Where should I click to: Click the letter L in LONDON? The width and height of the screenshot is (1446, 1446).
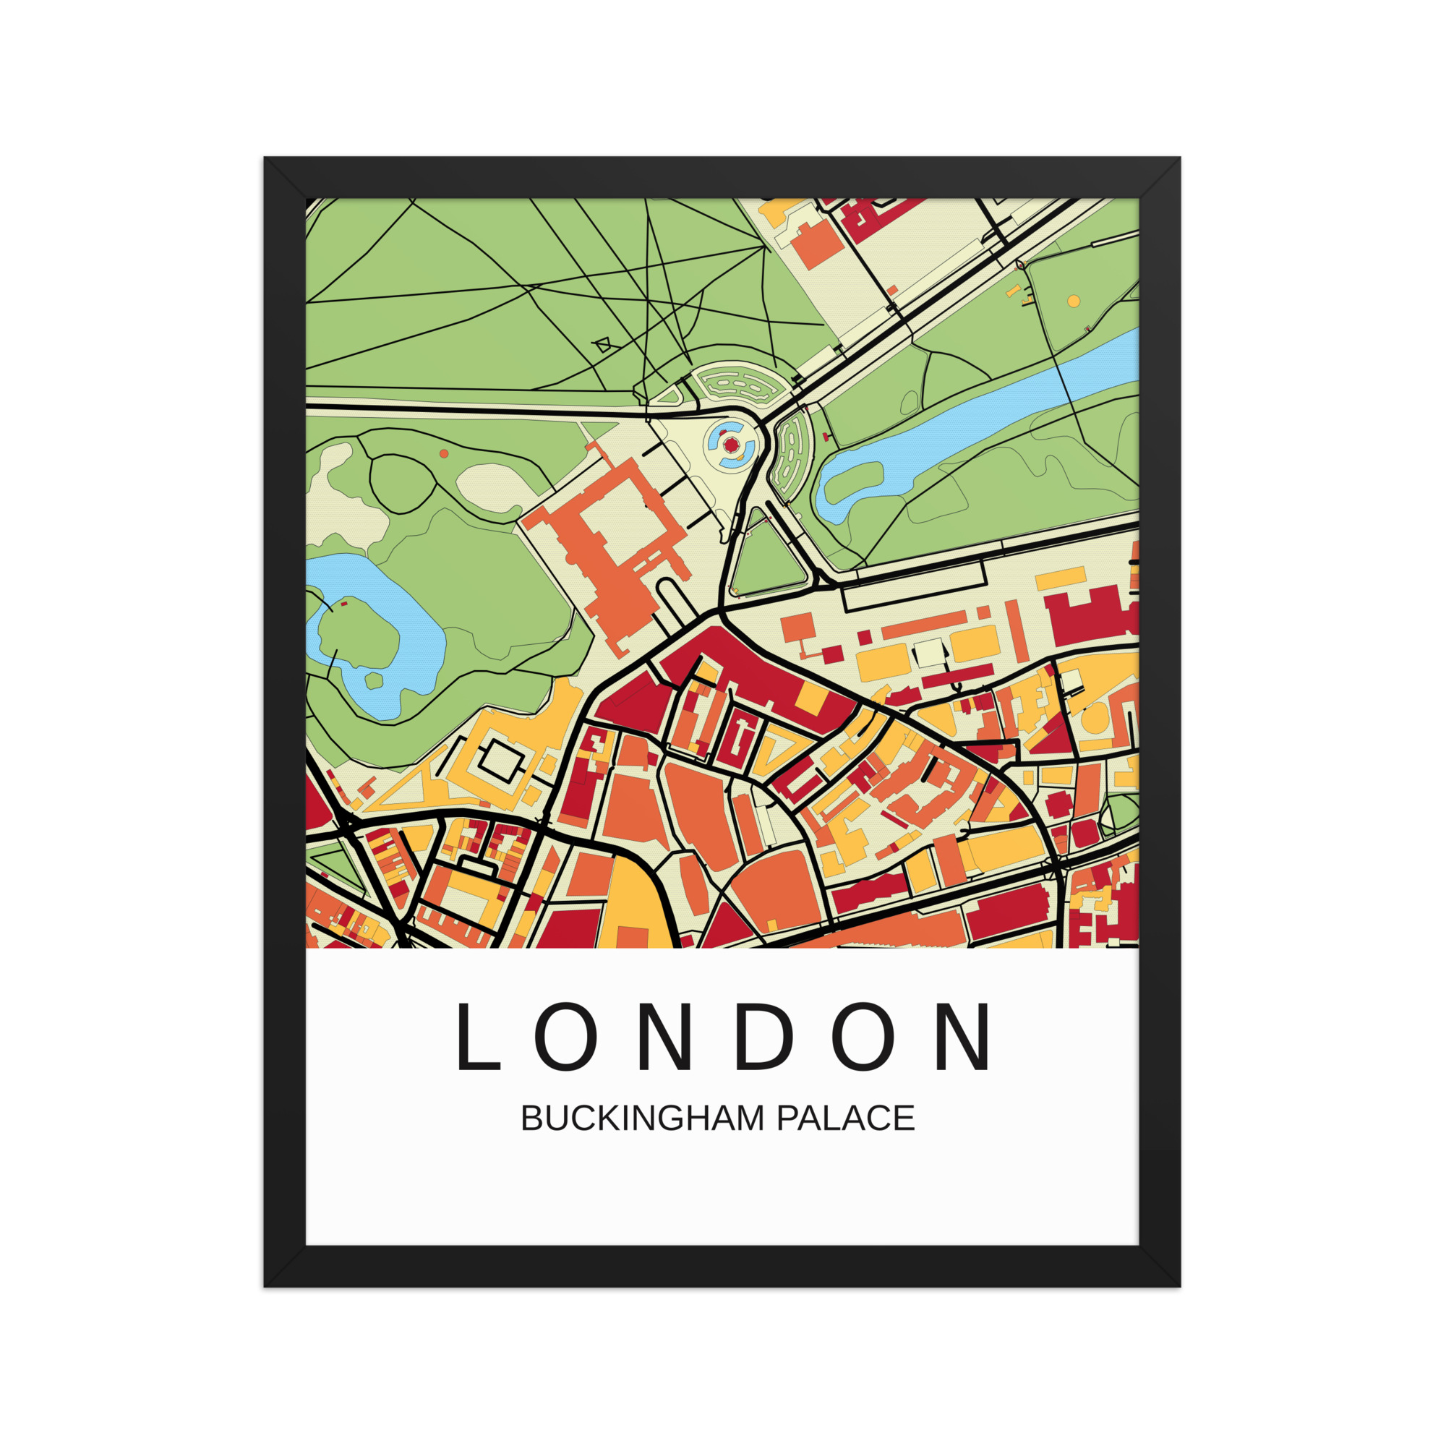(x=476, y=1037)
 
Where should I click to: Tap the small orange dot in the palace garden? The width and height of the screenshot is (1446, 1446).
(x=444, y=453)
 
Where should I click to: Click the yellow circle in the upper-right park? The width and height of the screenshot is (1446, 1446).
(x=1073, y=301)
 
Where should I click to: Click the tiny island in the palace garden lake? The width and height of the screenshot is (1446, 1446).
(x=373, y=680)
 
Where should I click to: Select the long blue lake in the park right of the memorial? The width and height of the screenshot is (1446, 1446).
(x=973, y=419)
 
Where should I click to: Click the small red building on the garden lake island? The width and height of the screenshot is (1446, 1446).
(x=344, y=603)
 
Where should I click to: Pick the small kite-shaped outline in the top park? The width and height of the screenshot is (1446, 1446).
(x=602, y=345)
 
